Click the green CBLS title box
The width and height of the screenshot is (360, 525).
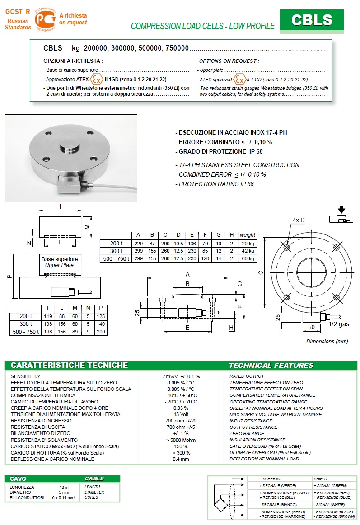312,20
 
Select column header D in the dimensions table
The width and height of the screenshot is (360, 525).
178,235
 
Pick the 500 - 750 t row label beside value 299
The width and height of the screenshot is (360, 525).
116,259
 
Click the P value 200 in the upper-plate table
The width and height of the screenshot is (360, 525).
101,332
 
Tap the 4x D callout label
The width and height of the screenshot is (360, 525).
299,220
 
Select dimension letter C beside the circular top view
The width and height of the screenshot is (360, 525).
260,272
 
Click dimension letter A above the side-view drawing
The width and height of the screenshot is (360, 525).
187,274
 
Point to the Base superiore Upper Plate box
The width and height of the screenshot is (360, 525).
60,262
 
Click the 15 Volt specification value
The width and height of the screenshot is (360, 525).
181,414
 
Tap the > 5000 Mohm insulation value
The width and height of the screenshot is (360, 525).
181,440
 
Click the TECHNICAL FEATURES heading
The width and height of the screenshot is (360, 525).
271,365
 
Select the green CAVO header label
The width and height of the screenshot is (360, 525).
18,478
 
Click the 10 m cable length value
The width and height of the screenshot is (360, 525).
65,487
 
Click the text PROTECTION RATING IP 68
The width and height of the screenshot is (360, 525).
216,184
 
